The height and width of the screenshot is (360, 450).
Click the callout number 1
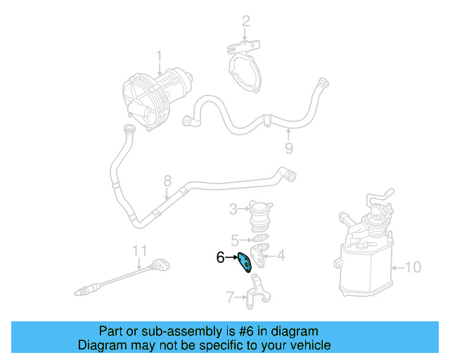(x=159, y=55)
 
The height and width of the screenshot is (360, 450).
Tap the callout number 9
(x=288, y=148)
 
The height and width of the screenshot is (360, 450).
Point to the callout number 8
(x=167, y=181)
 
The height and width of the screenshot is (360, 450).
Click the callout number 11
(x=140, y=249)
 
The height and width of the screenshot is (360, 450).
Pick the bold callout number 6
(x=220, y=258)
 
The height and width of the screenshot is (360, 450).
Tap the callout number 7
(x=230, y=298)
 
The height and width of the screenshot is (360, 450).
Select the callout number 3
(x=233, y=208)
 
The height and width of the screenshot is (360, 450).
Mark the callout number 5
(x=235, y=239)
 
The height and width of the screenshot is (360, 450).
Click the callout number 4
(x=281, y=256)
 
